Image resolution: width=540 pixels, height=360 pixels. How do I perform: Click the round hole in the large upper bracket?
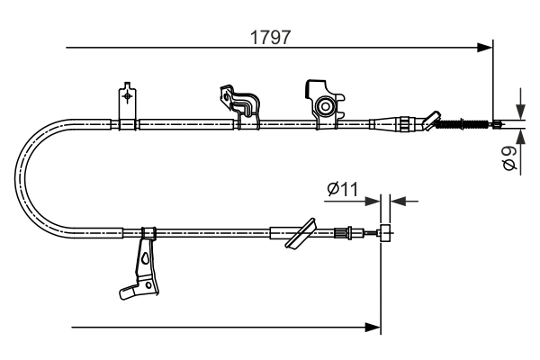click(324, 107)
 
